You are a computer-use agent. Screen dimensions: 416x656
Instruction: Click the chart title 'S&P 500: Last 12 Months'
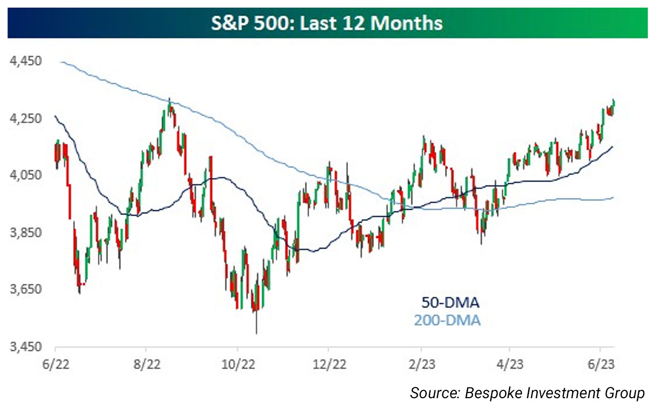click(x=327, y=23)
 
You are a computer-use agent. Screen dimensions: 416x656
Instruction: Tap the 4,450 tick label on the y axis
click(x=25, y=61)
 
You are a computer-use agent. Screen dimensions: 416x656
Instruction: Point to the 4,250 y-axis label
click(x=25, y=118)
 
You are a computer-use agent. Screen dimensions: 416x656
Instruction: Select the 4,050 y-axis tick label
click(x=25, y=175)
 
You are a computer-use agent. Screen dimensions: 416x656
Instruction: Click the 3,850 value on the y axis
click(x=25, y=232)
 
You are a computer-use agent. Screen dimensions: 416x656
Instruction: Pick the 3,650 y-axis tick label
click(x=25, y=289)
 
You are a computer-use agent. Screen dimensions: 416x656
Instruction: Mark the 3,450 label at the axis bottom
click(x=25, y=347)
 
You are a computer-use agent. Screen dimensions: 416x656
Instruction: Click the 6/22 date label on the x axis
click(x=55, y=364)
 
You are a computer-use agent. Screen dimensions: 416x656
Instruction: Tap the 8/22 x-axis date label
click(x=147, y=364)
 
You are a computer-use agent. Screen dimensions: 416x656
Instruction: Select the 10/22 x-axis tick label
click(x=238, y=364)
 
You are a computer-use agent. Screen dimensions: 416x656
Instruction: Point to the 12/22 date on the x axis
click(x=329, y=364)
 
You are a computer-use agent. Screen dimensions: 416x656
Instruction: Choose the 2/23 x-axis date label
click(x=421, y=364)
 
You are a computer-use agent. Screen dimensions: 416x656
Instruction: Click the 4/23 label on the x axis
click(x=510, y=364)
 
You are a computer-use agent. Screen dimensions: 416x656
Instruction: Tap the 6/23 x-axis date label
click(x=601, y=364)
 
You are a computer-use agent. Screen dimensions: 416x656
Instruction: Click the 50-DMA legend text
click(x=450, y=303)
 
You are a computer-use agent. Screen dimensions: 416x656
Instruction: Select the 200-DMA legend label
click(x=447, y=320)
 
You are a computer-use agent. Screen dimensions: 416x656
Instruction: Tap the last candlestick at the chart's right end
click(x=613, y=107)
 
